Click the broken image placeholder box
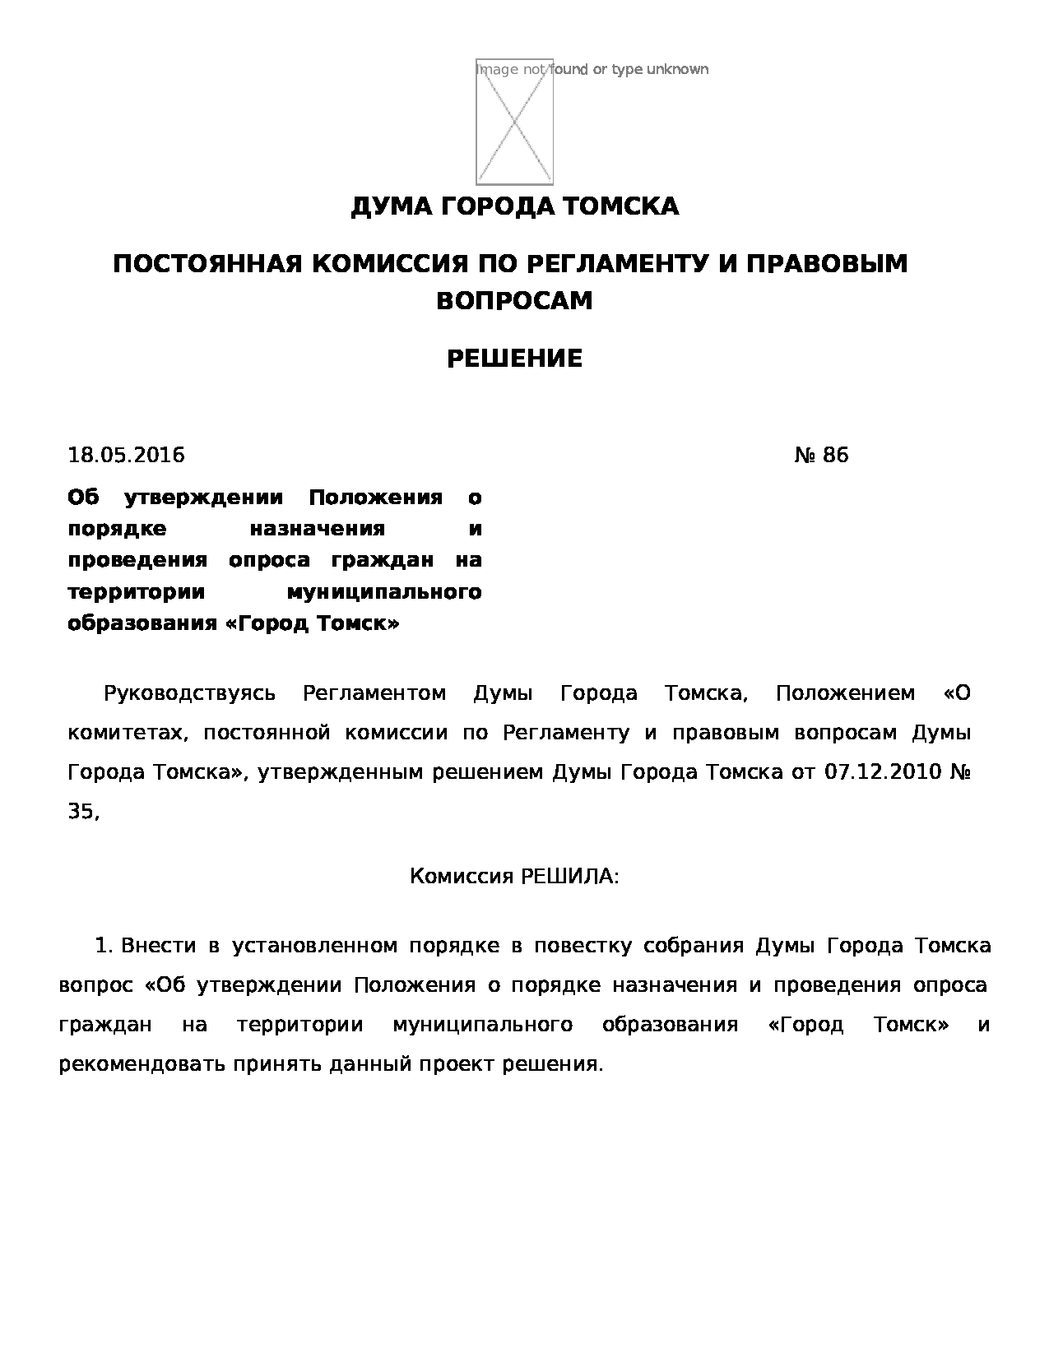point(514,122)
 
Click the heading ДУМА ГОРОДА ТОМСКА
point(514,206)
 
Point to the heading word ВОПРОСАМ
point(514,301)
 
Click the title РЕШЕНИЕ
point(514,359)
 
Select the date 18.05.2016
point(126,455)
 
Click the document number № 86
point(820,455)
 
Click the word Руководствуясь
point(189,693)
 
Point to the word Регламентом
point(374,693)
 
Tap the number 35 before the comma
point(81,812)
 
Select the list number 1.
point(102,946)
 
